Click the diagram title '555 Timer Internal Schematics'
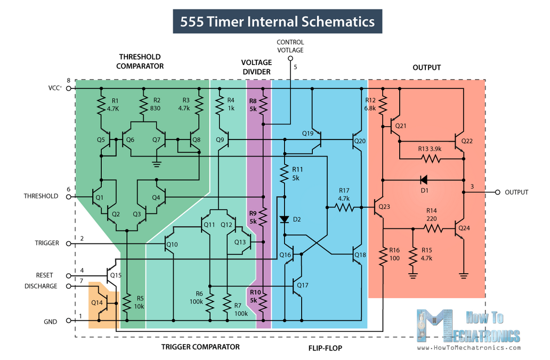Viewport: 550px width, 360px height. (278, 21)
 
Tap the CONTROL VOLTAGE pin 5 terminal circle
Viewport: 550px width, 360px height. (290, 59)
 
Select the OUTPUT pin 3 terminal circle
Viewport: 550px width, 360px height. (497, 192)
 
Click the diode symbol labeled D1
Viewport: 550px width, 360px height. (424, 180)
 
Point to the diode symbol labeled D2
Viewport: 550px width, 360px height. (285, 219)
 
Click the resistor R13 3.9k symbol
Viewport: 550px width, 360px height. (431, 159)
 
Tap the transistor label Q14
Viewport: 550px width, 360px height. (97, 302)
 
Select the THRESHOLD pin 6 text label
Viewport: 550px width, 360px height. (41, 196)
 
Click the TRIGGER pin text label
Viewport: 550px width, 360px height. (47, 243)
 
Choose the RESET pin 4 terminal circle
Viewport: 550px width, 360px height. (69, 275)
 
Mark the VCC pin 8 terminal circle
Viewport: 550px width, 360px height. (69, 88)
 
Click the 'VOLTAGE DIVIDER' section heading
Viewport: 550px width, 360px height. (256, 67)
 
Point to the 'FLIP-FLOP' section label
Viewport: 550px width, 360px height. (325, 348)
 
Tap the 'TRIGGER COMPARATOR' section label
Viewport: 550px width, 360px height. (200, 347)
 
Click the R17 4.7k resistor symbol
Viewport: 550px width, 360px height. (344, 208)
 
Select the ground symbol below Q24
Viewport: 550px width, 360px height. (464, 276)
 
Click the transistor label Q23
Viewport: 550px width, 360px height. (384, 207)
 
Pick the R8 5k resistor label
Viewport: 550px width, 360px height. (253, 105)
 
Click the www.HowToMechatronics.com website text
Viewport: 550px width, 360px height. (469, 348)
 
